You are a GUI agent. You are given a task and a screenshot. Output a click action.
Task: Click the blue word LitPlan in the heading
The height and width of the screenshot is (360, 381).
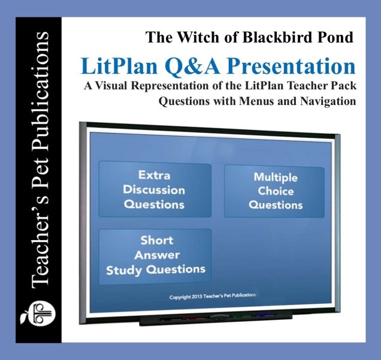click(119, 66)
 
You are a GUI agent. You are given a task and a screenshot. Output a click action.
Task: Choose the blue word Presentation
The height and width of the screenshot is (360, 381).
click(292, 66)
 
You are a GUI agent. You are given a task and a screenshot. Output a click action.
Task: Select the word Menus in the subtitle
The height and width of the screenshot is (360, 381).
click(256, 101)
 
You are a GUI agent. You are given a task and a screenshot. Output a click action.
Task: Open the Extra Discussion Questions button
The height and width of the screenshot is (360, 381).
click(155, 189)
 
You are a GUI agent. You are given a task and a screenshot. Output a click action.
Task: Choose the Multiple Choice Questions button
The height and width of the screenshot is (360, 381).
click(274, 191)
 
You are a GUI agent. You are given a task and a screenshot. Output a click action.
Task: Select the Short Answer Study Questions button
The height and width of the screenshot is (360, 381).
click(155, 256)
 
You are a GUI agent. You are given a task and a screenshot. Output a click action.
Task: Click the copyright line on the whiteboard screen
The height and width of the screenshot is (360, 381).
click(213, 297)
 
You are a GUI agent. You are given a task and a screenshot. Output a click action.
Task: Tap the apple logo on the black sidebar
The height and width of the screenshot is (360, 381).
click(38, 313)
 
